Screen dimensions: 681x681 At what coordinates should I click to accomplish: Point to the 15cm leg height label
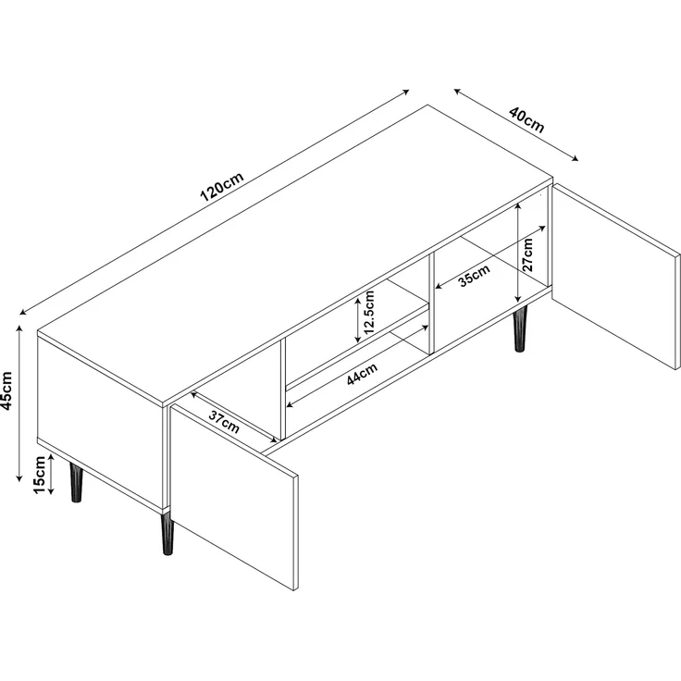(40, 476)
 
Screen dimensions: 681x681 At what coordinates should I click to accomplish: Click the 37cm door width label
(224, 422)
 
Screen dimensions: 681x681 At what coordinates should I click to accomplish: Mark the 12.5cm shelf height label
(369, 314)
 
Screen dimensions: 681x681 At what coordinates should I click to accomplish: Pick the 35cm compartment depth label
(474, 277)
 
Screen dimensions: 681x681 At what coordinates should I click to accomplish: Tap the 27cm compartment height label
(528, 251)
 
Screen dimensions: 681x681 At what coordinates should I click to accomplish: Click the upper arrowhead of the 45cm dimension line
(19, 325)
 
